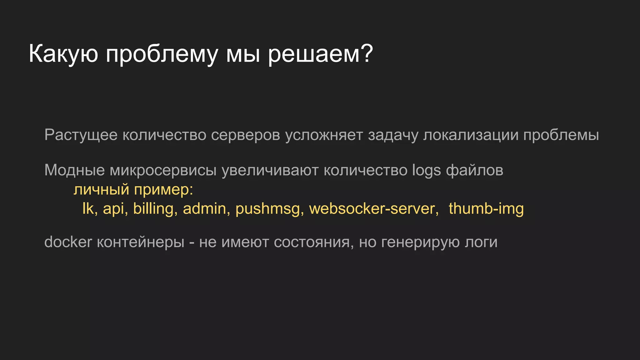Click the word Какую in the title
(63, 54)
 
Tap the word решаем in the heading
(314, 54)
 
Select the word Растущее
(81, 135)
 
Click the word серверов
(245, 135)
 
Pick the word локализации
(471, 135)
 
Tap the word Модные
(74, 170)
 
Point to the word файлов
(475, 170)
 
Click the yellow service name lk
(87, 208)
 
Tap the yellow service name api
(114, 209)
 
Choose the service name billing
(153, 209)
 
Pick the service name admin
(204, 208)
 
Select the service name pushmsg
(268, 209)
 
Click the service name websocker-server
(372, 208)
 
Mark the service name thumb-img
(486, 208)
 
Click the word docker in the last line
(68, 242)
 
